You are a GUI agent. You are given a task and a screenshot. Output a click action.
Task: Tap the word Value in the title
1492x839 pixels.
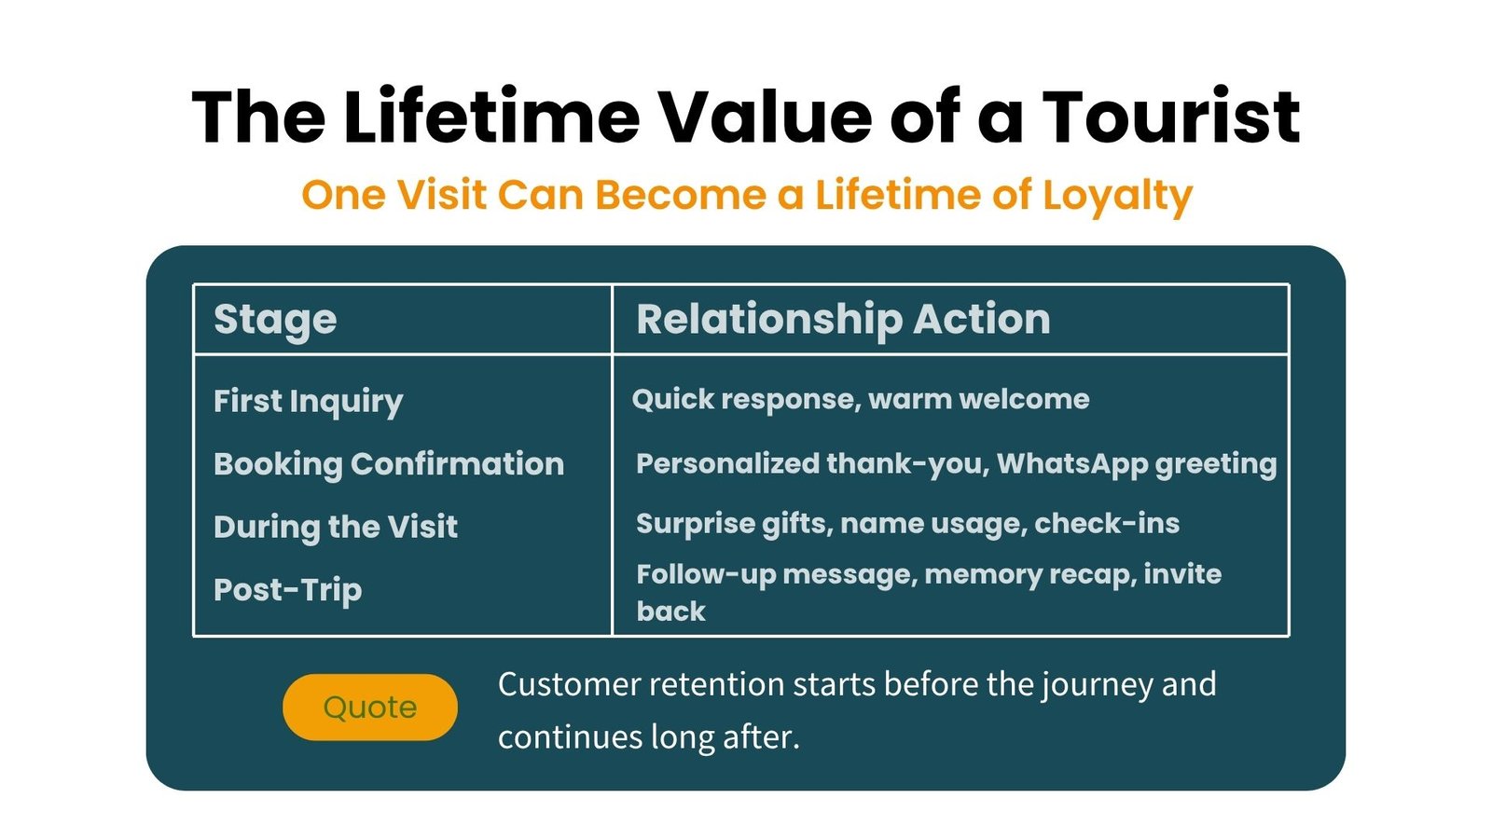point(766,117)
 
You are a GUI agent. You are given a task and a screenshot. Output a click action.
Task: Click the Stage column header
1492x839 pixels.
point(275,321)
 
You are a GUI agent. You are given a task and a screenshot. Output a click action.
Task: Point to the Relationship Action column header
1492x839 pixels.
point(843,319)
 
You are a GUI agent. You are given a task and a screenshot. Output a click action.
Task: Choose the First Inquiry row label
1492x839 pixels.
point(309,402)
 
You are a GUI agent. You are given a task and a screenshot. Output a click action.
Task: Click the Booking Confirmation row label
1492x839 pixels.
point(389,464)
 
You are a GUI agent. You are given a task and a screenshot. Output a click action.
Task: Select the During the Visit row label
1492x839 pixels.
point(336,527)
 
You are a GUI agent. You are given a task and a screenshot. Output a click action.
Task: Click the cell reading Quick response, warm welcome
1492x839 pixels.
point(861,400)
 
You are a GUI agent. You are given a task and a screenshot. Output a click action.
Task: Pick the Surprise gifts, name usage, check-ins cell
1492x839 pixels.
point(908,523)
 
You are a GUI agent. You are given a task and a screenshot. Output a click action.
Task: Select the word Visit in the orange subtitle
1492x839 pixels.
point(442,195)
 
